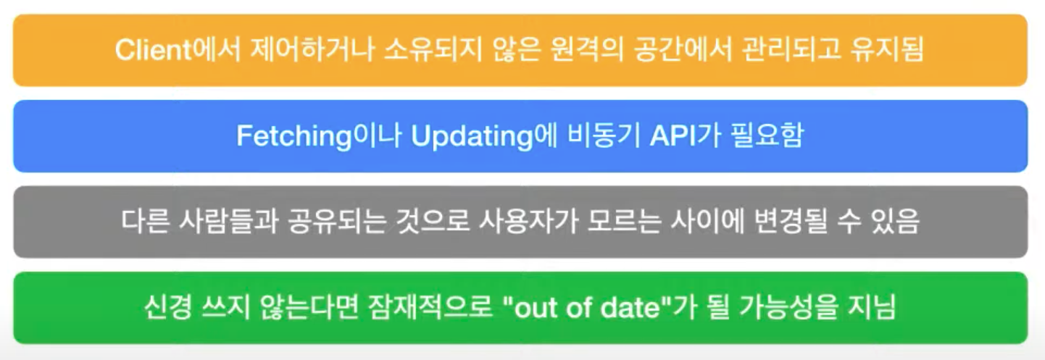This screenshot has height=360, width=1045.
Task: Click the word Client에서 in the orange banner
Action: pos(178,49)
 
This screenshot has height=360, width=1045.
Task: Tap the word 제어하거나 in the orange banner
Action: pos(312,49)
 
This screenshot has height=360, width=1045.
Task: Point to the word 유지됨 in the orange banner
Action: pos(887,49)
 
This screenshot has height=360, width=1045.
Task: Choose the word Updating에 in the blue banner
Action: pos(484,135)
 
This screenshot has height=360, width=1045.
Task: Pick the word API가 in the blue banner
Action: pos(686,135)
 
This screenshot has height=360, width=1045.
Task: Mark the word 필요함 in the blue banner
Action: pos(767,135)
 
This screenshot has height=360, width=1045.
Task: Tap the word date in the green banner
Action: pos(630,307)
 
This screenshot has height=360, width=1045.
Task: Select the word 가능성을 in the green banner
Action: pos(789,307)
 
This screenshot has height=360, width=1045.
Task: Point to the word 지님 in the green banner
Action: pos(872,307)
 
